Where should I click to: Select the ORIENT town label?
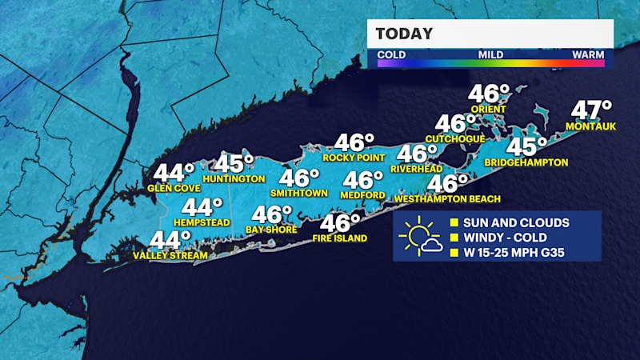click(x=487, y=109)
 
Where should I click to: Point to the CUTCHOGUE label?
click(x=455, y=138)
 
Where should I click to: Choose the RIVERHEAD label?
click(x=417, y=169)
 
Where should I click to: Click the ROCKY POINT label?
click(x=349, y=158)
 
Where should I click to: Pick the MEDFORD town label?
click(x=363, y=194)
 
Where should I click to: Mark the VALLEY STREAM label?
click(x=170, y=255)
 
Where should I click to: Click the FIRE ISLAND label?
click(x=341, y=238)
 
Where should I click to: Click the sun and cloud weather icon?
click(x=422, y=237)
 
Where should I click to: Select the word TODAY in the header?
click(x=405, y=34)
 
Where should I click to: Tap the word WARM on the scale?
click(x=588, y=55)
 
